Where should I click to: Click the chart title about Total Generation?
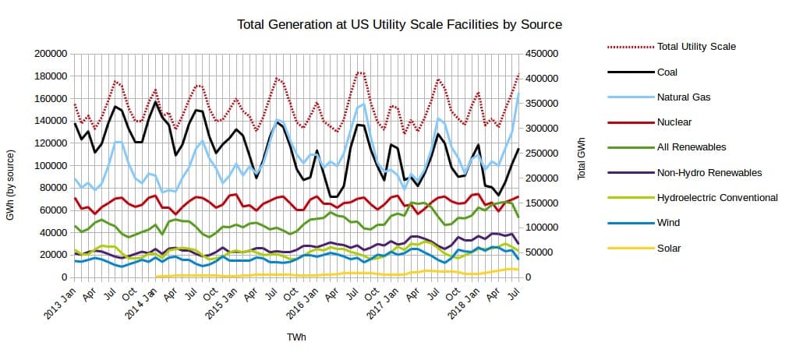pyautogui.click(x=400, y=25)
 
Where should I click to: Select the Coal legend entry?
pyautogui.click(x=667, y=72)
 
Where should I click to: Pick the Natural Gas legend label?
pyautogui.click(x=684, y=97)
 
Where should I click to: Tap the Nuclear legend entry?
pyautogui.click(x=674, y=122)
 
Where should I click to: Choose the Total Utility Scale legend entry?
pyautogui.click(x=696, y=47)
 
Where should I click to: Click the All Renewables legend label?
pyautogui.click(x=692, y=146)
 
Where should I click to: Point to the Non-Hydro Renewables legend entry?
pyautogui.click(x=709, y=172)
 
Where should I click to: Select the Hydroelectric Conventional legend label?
pyautogui.click(x=717, y=197)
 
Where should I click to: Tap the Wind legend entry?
pyautogui.click(x=669, y=222)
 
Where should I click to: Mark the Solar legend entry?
pyautogui.click(x=669, y=248)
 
